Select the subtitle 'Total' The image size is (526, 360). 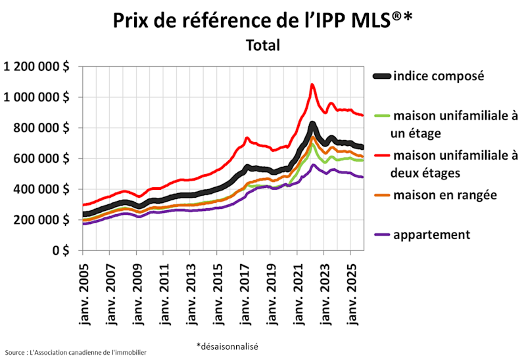click(263, 45)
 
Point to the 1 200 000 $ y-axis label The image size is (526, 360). click(38, 66)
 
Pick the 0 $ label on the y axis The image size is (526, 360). click(62, 251)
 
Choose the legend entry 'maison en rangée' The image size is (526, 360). click(444, 195)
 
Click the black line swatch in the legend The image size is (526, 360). click(382, 76)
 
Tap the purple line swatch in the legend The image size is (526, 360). click(382, 235)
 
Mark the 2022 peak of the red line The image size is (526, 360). click(312, 84)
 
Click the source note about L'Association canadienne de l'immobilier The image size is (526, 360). click(76, 353)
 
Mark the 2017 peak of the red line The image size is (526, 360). click(247, 138)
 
